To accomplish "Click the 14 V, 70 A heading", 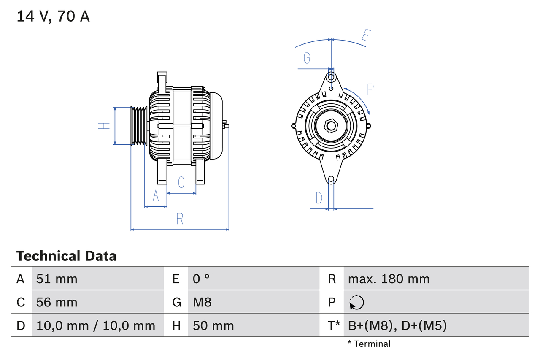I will coord(53,16).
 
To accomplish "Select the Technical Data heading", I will coord(66,256).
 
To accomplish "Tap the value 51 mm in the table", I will coord(57,279).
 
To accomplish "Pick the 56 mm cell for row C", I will coord(57,302).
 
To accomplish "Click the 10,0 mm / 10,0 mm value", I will coord(96,325).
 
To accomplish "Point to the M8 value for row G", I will coord(202,302).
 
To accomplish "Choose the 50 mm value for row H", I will coord(213,325).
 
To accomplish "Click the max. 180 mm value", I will coord(389,279).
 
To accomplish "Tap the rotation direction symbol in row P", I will coord(356,302).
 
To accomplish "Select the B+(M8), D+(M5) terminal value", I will coord(397,325).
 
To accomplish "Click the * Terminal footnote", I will coord(369,344).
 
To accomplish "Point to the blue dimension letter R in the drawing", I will coord(180,219).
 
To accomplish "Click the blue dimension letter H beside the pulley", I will coord(104,125).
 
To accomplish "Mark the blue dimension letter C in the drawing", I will coord(181,182).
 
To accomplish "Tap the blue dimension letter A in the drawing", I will coord(156,196).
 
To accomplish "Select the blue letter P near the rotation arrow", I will coord(370,89).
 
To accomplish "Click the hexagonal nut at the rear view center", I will coord(332,125).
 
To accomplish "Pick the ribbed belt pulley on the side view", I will coord(138,126).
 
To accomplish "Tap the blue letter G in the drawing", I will coord(307,57).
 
